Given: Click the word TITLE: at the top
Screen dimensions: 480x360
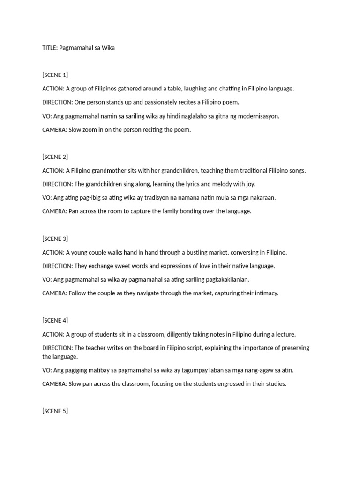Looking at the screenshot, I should coord(50,48).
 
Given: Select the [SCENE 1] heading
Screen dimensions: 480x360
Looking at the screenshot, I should coord(55,75).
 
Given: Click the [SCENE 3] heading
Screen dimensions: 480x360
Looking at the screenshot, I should coord(55,239).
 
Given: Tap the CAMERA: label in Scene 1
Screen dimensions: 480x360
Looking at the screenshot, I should coord(54,130).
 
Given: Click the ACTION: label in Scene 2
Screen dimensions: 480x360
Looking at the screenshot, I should coord(53,170).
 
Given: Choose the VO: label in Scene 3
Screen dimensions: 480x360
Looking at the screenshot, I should coord(47,279).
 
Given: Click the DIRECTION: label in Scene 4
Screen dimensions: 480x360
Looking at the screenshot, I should coord(57,348).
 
